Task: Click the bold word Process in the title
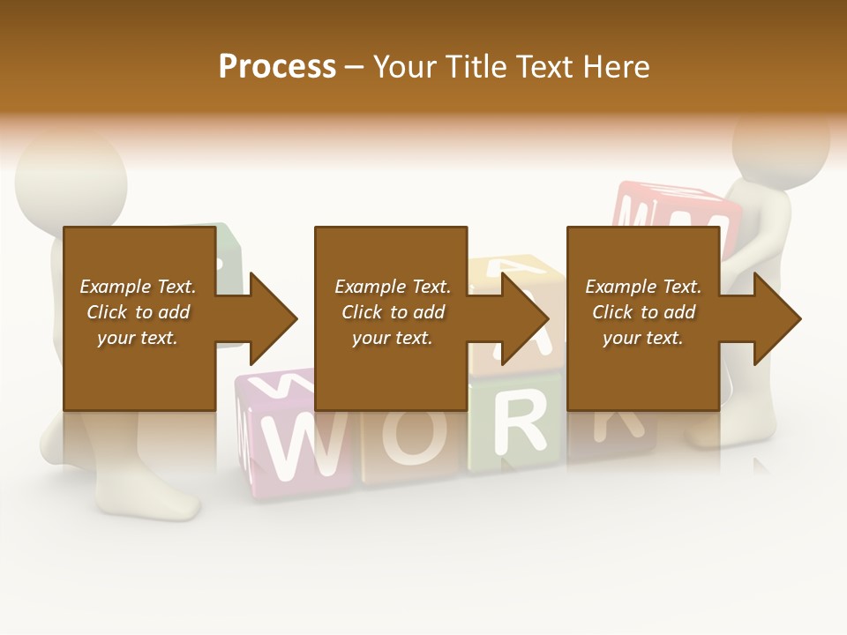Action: click(x=277, y=67)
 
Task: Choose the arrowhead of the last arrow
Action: click(x=777, y=318)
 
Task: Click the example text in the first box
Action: click(x=138, y=312)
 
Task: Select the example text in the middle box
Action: click(x=393, y=312)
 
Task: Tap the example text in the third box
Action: click(x=643, y=312)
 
